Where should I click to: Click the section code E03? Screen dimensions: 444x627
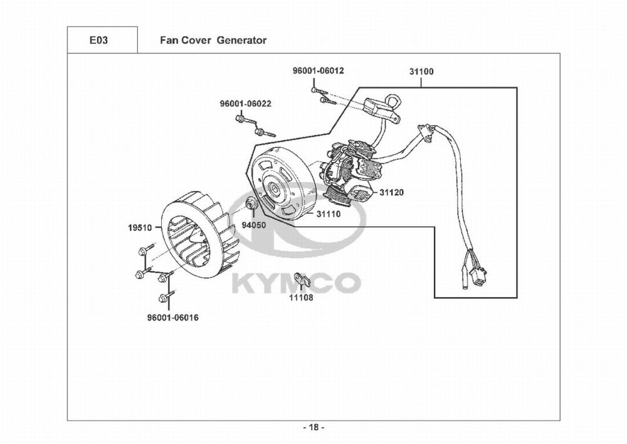click(98, 40)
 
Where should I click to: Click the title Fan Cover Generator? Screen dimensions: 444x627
click(213, 40)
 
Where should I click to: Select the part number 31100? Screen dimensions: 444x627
click(421, 72)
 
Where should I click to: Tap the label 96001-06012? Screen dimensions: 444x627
click(318, 71)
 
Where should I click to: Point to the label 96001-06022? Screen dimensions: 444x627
click(245, 104)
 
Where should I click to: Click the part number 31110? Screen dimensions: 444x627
click(328, 214)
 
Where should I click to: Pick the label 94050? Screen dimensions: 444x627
click(254, 224)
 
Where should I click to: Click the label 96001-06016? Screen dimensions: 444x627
click(169, 318)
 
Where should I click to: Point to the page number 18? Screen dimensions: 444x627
click(313, 428)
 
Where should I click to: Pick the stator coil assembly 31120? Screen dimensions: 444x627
click(348, 173)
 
